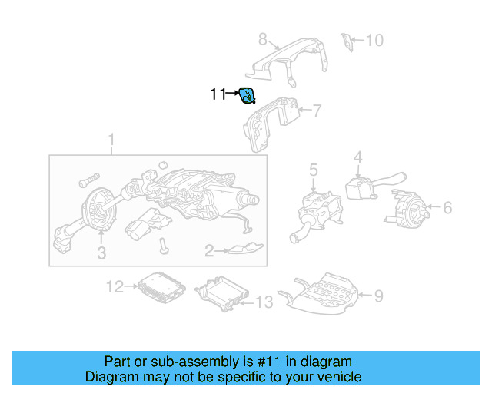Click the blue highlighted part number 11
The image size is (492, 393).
(248, 97)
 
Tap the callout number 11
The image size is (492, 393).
(218, 94)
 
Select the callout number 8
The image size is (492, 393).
(262, 38)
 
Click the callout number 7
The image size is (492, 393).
(315, 111)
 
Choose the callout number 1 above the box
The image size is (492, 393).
(111, 140)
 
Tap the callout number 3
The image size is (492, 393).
(101, 254)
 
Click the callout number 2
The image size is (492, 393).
(208, 250)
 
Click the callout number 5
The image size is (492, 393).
(314, 169)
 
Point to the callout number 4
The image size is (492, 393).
(357, 159)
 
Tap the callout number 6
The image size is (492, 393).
(447, 207)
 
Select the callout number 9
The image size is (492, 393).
(377, 295)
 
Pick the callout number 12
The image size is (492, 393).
(114, 287)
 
